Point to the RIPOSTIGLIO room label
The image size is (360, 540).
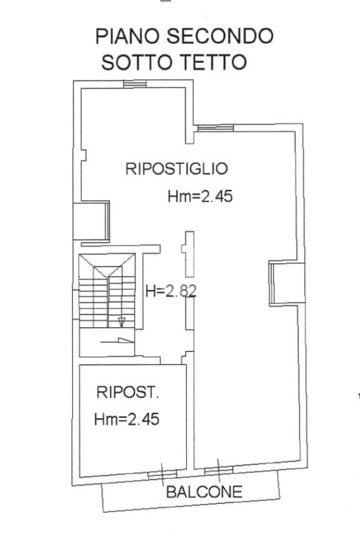point(177,169)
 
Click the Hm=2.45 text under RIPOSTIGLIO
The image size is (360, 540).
point(200,197)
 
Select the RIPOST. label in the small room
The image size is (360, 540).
point(128,392)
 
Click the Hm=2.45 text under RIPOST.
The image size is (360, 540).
point(127,420)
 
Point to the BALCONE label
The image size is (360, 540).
point(205,493)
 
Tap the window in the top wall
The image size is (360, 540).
point(134,83)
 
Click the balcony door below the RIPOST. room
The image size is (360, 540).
point(162,476)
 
